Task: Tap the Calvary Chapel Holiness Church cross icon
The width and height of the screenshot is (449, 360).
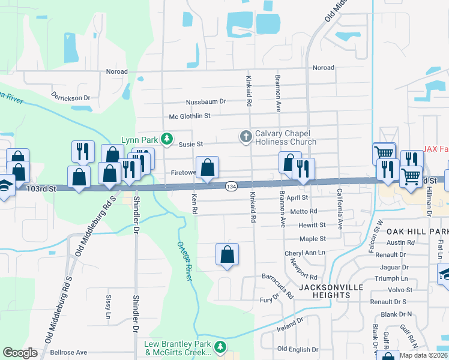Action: click(x=246, y=137)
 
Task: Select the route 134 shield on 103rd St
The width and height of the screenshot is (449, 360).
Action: click(x=231, y=187)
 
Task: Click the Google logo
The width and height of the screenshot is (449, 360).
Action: click(x=20, y=353)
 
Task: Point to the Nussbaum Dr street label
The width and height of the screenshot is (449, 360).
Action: click(x=206, y=101)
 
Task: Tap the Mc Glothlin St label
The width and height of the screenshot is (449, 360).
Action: click(x=190, y=115)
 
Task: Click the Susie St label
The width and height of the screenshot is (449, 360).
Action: click(x=191, y=144)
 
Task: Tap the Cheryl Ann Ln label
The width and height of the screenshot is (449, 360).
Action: click(x=304, y=254)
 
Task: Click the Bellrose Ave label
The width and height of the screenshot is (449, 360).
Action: click(x=68, y=352)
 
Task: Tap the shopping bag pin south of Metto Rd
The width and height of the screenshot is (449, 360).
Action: click(x=228, y=254)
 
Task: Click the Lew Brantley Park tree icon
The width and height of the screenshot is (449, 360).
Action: click(x=221, y=347)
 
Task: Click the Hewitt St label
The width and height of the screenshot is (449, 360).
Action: click(x=312, y=225)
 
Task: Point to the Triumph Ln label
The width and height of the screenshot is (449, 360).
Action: click(x=391, y=278)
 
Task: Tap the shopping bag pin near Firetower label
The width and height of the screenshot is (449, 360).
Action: click(x=207, y=168)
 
